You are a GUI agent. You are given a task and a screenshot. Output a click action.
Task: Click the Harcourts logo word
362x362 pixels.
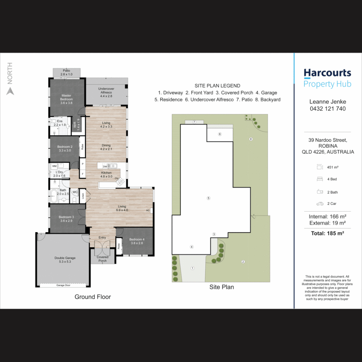(x=327, y=73)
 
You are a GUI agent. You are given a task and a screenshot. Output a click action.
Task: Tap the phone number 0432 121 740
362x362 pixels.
(x=327, y=109)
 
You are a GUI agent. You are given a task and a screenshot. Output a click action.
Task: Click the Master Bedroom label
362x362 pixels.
(x=66, y=97)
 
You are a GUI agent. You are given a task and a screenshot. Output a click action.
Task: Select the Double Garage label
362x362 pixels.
(x=65, y=258)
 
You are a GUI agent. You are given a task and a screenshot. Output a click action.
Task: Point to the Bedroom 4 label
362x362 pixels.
(x=137, y=239)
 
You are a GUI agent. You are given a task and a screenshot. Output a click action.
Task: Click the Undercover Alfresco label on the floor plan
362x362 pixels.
(x=106, y=90)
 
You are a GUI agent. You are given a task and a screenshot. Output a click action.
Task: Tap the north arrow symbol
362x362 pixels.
(x=10, y=91)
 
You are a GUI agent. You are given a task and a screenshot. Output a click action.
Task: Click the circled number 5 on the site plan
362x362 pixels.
(x=208, y=198)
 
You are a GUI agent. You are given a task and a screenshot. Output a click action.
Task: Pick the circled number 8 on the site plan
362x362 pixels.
(x=251, y=139)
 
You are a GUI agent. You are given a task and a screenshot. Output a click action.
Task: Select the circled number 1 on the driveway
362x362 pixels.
(x=192, y=268)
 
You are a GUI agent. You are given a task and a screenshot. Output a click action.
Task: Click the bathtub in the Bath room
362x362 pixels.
(x=54, y=196)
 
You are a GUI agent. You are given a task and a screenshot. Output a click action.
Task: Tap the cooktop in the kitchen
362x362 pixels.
(x=120, y=182)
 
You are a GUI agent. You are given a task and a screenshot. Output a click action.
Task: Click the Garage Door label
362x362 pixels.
(x=63, y=285)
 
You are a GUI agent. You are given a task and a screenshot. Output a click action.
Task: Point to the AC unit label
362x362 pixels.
(x=148, y=210)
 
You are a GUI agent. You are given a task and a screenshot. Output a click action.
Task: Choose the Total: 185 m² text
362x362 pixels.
(x=327, y=233)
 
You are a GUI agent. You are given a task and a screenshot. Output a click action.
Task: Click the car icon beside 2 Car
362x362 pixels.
(x=320, y=204)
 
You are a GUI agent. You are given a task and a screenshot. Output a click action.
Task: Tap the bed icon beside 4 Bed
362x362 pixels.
(x=320, y=179)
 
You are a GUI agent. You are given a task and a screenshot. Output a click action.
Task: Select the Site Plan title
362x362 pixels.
(x=222, y=287)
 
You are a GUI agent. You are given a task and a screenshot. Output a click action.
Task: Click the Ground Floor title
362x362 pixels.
(x=93, y=297)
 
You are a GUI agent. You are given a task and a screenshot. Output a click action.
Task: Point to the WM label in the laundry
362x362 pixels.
(x=54, y=166)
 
